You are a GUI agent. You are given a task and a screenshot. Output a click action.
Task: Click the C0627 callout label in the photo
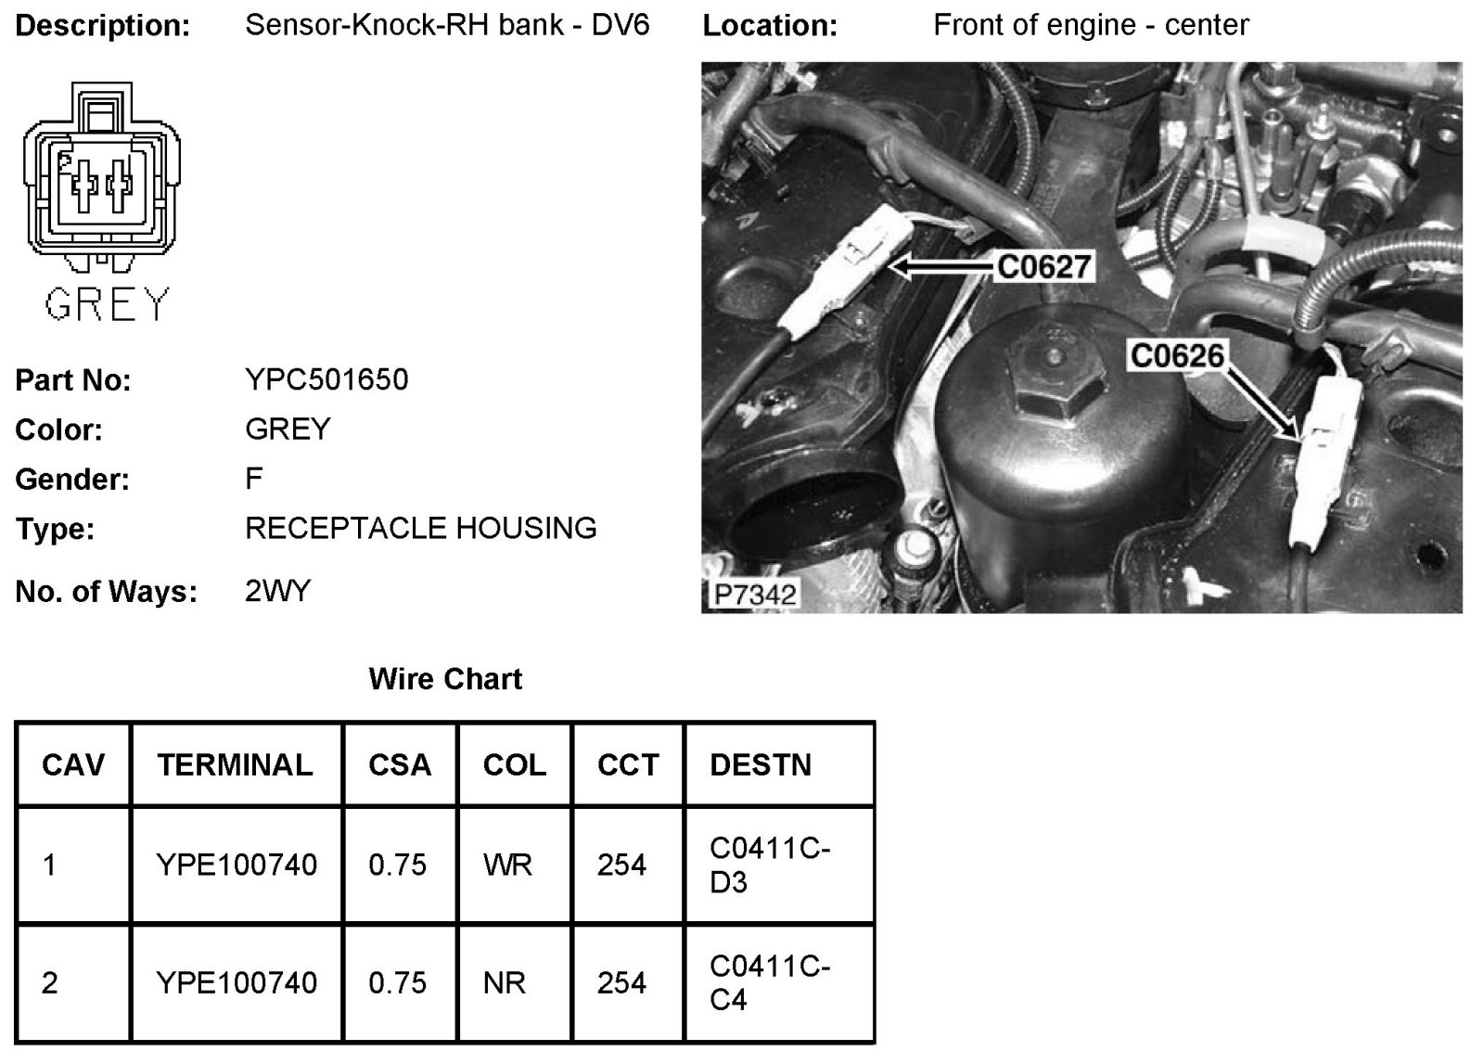tap(1043, 267)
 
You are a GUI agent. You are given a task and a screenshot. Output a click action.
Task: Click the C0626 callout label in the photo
tap(1177, 355)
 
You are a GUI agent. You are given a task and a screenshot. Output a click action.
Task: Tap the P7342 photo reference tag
tap(755, 594)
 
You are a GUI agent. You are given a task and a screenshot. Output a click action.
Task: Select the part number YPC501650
tap(326, 379)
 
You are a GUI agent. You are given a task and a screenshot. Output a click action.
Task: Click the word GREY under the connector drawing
tap(108, 303)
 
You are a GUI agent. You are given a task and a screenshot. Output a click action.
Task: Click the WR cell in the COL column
tap(507, 865)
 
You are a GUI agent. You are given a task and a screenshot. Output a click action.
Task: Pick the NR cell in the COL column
tap(505, 983)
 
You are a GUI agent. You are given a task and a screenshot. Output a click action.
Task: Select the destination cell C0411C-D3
tap(769, 865)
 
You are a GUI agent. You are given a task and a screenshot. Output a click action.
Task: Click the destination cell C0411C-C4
tap(769, 983)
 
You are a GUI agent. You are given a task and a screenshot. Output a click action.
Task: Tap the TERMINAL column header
tap(235, 764)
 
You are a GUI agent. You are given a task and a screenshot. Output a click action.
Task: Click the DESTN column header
tap(761, 764)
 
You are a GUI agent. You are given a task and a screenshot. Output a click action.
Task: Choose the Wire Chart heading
tap(445, 679)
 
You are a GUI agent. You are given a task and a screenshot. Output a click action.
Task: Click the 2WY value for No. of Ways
tap(277, 591)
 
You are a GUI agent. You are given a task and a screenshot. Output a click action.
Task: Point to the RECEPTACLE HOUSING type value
tap(421, 528)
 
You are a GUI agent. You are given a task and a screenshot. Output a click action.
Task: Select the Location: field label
tap(770, 26)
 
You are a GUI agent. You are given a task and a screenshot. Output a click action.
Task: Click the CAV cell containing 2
tap(50, 983)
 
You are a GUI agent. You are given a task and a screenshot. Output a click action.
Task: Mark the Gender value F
tap(254, 479)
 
